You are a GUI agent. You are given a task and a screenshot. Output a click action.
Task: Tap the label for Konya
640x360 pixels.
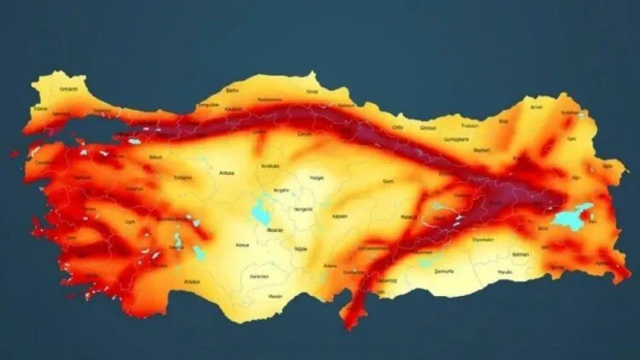click(242, 245)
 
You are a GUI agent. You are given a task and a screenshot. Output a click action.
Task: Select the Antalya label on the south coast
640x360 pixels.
click(191, 281)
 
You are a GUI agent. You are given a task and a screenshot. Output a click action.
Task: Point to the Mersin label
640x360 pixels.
click(275, 296)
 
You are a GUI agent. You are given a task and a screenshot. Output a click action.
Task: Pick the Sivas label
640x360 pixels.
click(388, 181)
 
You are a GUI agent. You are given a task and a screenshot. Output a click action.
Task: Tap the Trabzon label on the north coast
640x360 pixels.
click(470, 125)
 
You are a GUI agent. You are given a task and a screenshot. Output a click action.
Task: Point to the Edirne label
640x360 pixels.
click(38, 108)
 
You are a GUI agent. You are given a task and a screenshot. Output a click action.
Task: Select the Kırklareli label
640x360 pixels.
click(68, 88)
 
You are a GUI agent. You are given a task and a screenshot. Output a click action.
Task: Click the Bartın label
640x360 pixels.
click(231, 90)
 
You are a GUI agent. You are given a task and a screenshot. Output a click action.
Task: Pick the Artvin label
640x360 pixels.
click(536, 107)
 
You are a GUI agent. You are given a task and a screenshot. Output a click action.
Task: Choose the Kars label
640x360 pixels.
click(573, 137)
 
